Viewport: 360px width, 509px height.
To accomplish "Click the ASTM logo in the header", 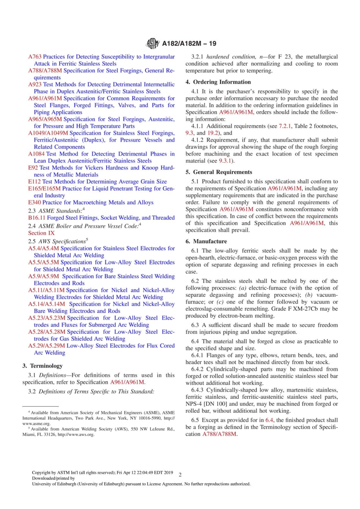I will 153,44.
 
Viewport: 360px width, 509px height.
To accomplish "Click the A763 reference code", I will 35,57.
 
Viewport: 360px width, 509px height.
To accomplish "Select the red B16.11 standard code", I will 37,218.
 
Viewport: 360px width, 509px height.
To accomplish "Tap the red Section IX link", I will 41,233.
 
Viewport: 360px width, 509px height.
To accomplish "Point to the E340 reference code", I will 34,203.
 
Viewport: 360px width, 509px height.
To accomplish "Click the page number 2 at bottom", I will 180,475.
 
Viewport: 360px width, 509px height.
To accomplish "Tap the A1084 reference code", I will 36,154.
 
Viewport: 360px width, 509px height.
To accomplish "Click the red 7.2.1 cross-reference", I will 285,126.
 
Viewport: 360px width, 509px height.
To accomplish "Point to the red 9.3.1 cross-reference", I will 226,161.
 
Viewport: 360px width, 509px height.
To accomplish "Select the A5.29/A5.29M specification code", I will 47,346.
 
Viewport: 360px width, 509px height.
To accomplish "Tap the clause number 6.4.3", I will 198,390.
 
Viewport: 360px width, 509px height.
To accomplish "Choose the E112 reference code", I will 34,182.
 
